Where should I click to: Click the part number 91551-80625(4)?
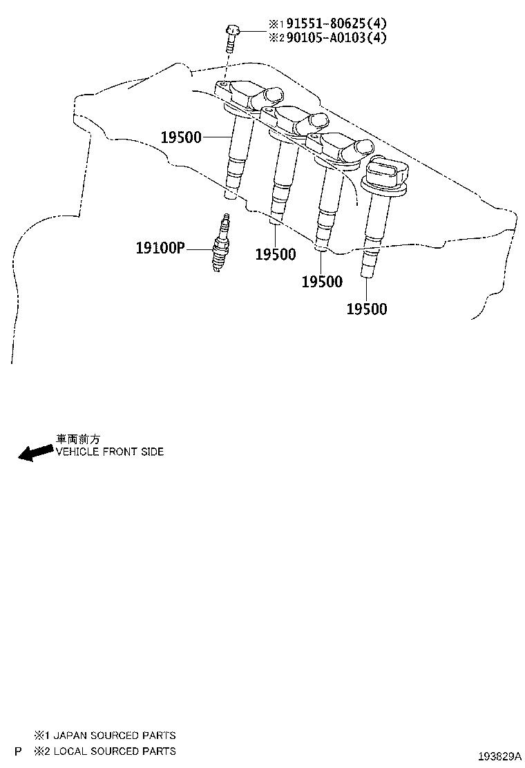tap(336, 23)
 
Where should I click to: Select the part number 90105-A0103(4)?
tap(336, 38)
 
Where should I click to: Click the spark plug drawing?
tap(220, 242)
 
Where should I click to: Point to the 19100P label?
tap(160, 248)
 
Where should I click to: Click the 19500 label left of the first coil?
tap(181, 137)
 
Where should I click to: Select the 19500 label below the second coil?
tap(276, 254)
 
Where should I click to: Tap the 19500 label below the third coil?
tap(322, 282)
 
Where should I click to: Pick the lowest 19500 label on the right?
tap(367, 309)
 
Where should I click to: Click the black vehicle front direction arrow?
tap(35, 452)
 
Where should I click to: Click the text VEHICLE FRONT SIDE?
tap(110, 452)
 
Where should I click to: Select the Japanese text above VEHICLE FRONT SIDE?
tap(78, 439)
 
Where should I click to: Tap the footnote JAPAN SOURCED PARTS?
tap(115, 735)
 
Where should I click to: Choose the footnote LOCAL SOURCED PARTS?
tap(115, 751)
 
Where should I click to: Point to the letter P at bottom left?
tap(18, 751)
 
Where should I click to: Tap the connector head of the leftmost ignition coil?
tap(250, 95)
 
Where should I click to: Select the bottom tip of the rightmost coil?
tap(366, 277)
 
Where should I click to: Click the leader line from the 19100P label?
tap(199, 249)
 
